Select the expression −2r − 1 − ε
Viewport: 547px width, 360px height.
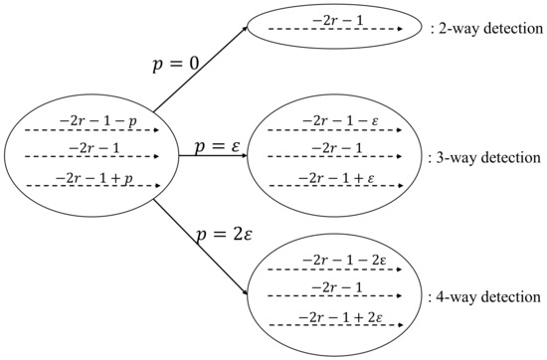point(324,121)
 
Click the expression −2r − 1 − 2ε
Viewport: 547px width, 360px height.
point(324,261)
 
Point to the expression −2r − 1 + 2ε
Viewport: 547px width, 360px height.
point(324,317)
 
